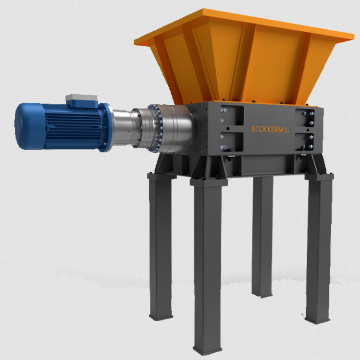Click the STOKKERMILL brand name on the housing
click(271, 129)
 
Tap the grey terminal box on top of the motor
click(81, 100)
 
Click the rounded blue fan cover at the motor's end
click(25, 126)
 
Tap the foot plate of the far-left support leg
click(161, 316)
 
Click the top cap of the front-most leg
click(209, 182)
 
